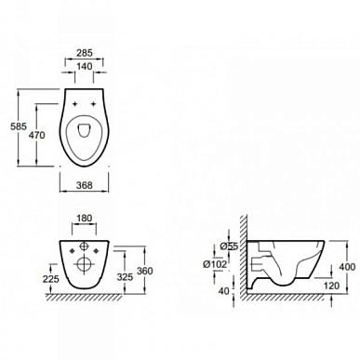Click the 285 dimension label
click(x=85, y=53)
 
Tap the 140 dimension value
click(x=85, y=66)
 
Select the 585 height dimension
click(x=19, y=127)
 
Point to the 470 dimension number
click(x=36, y=135)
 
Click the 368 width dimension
click(x=85, y=185)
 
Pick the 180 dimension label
click(x=84, y=219)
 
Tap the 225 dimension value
click(x=50, y=279)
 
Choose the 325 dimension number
click(x=125, y=277)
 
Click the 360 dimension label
click(x=145, y=271)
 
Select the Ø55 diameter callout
click(x=229, y=247)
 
